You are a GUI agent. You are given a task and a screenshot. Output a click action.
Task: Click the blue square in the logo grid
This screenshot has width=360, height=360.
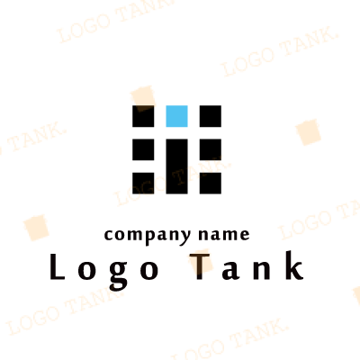tap(176, 116)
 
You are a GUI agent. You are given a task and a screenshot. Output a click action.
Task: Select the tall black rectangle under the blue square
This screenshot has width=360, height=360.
tap(176, 166)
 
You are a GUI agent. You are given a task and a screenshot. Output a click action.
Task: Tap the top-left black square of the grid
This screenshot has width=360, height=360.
tap(143, 116)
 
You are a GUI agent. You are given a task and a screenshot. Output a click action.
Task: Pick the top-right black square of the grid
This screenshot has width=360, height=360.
tap(211, 116)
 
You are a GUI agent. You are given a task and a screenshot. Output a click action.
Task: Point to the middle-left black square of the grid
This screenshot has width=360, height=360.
tap(143, 149)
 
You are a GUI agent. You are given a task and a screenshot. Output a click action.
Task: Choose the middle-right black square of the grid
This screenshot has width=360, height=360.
tap(211, 149)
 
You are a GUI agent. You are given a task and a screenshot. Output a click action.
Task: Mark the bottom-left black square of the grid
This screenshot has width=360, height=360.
tap(143, 183)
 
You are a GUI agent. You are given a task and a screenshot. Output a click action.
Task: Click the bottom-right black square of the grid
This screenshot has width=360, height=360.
tap(211, 183)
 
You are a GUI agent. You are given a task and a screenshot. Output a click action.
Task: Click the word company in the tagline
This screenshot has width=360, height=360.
tap(148, 236)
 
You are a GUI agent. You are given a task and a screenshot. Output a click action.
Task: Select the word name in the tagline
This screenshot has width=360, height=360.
tap(224, 234)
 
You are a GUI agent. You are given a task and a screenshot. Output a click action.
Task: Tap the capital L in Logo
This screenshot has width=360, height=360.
tap(57, 266)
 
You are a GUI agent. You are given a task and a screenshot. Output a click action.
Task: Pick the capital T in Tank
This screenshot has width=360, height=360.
tap(200, 266)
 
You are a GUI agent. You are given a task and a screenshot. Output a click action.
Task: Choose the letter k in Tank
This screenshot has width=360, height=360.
tap(293, 265)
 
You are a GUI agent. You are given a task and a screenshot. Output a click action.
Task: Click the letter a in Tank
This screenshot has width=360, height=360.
tap(231, 270)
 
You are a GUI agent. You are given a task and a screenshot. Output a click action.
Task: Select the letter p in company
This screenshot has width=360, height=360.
tap(152, 238)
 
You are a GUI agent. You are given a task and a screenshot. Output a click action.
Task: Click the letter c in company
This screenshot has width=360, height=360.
tap(109, 235)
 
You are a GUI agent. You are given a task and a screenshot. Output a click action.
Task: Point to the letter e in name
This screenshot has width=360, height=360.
tap(245, 235)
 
